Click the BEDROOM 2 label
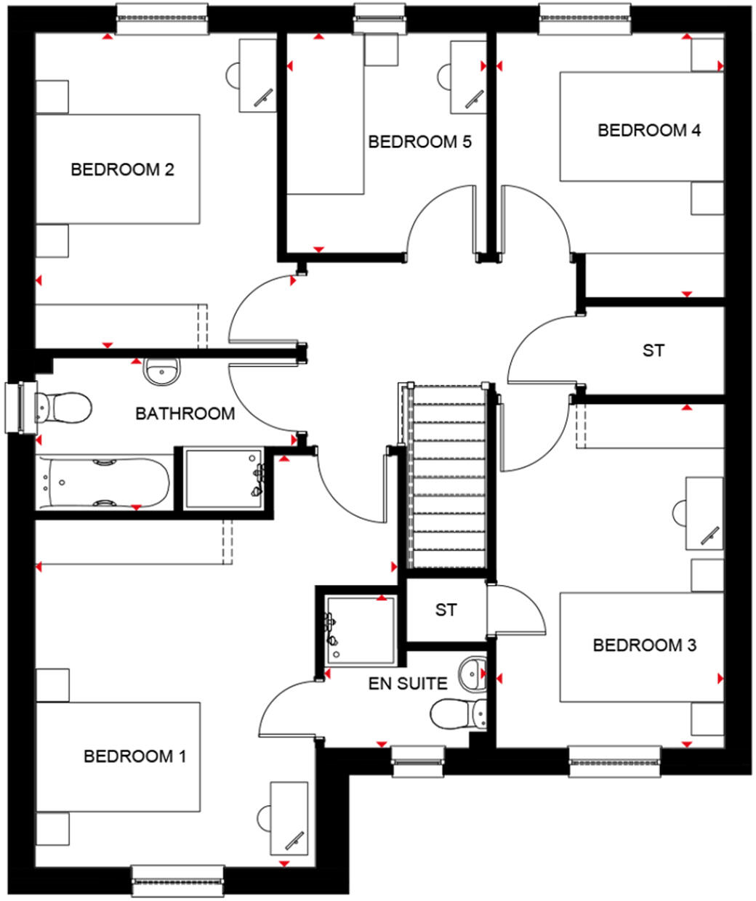[122, 170]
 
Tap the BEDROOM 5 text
[419, 142]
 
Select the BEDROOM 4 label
[649, 131]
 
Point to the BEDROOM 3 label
[645, 645]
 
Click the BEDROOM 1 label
[135, 756]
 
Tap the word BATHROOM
[185, 414]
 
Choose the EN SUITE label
[408, 683]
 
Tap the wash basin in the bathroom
[164, 372]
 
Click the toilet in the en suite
[459, 713]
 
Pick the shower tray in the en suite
[361, 629]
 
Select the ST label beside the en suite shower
[446, 610]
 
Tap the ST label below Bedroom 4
[653, 350]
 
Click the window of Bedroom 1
[177, 881]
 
